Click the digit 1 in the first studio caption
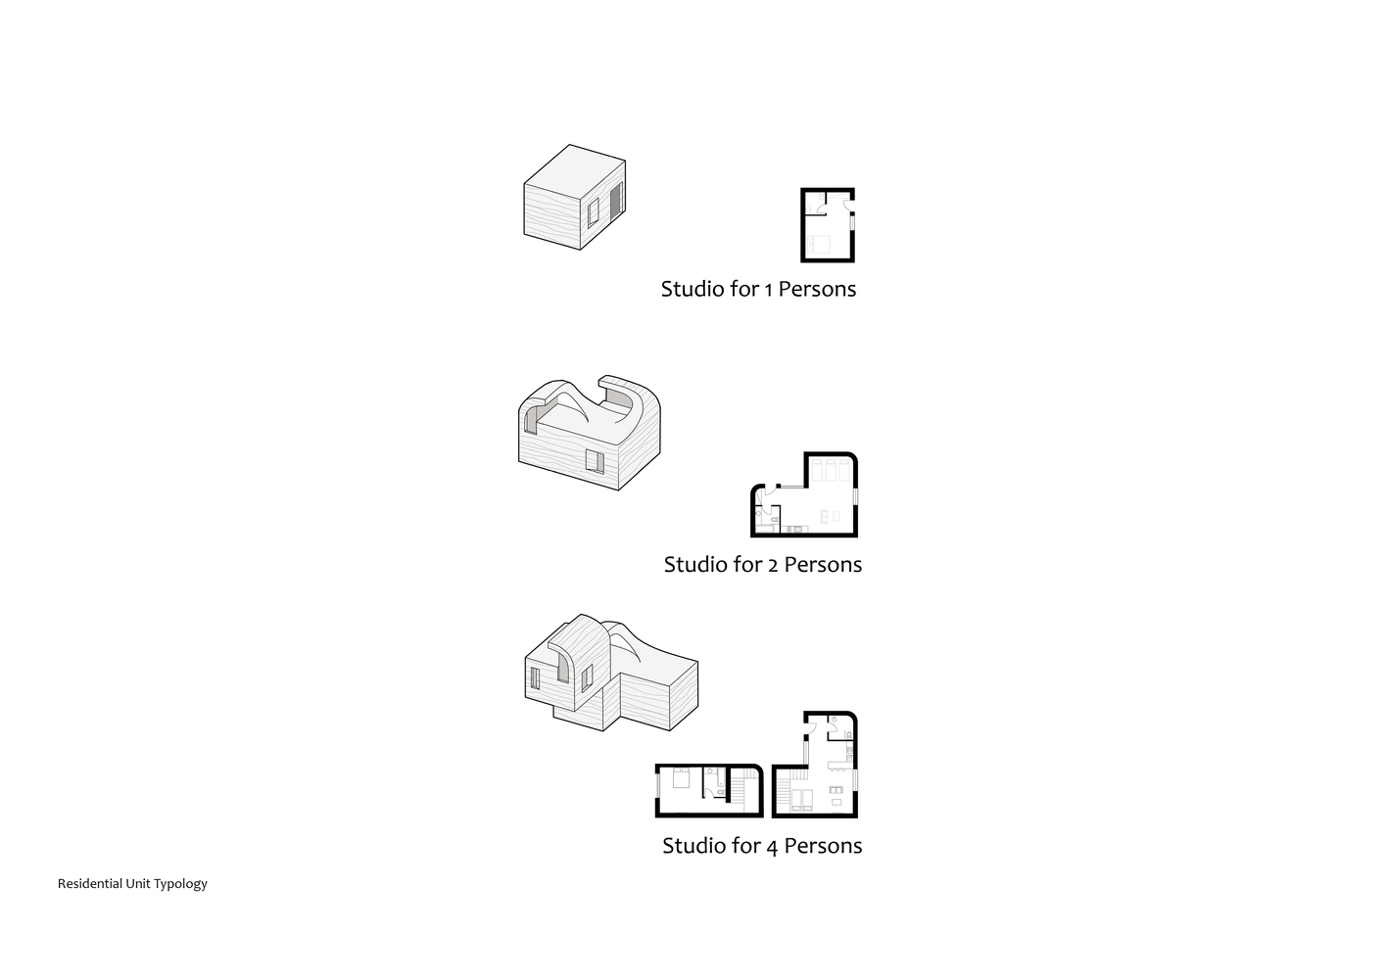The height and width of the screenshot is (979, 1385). [x=769, y=291]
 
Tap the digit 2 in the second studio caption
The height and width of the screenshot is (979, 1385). [x=773, y=566]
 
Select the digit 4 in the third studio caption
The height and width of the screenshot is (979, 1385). [x=772, y=848]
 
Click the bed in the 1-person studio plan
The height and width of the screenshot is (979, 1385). [x=819, y=244]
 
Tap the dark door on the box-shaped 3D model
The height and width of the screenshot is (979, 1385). [x=616, y=202]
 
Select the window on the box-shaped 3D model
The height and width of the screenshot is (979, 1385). [x=593, y=212]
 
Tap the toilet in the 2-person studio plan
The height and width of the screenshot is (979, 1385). [x=759, y=514]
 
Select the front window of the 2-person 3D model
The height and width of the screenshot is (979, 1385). [x=595, y=461]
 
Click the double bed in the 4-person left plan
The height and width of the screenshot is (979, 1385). [x=681, y=777]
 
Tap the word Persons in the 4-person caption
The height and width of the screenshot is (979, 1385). [x=823, y=846]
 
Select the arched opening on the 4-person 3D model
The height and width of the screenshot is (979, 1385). [x=562, y=665]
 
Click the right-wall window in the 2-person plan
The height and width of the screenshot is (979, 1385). [x=855, y=496]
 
